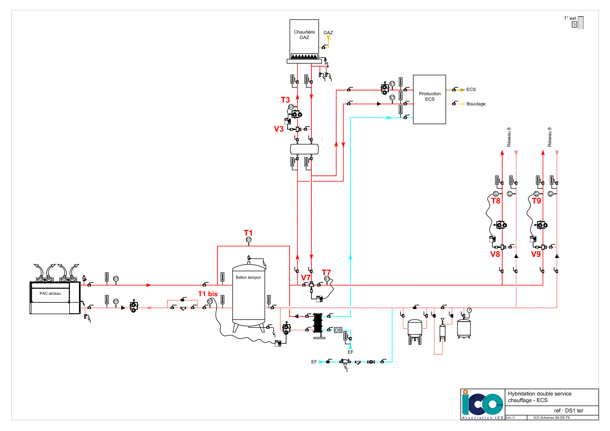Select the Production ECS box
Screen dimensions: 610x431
coord(429,99)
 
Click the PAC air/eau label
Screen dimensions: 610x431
coord(50,293)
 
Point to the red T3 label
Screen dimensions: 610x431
coord(285,100)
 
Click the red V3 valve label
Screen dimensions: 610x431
coord(279,129)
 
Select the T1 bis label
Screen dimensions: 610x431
coord(208,294)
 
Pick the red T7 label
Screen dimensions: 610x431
coord(326,272)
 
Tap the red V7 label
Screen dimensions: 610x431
coord(305,278)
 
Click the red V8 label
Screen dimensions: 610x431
coord(495,254)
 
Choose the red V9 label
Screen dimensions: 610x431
coord(536,254)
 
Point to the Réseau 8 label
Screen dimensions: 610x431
coord(509,137)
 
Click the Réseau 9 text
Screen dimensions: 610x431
coord(549,137)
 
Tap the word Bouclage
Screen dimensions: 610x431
coord(476,104)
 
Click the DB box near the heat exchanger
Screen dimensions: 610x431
coord(338,330)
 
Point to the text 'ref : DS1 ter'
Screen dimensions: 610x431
coord(569,411)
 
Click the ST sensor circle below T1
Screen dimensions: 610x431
coord(249,239)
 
